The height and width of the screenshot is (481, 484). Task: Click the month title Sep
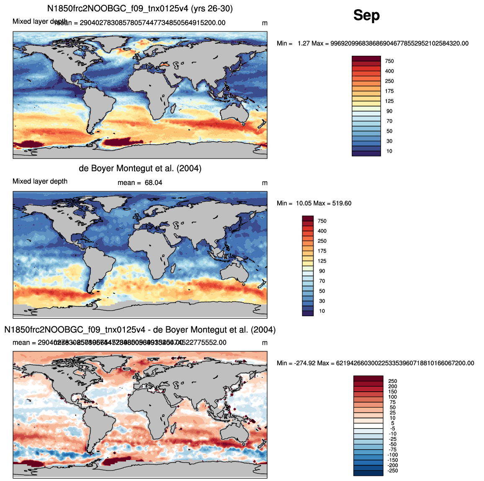tap(366, 16)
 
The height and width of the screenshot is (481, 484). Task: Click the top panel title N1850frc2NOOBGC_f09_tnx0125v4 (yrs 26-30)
tap(140, 8)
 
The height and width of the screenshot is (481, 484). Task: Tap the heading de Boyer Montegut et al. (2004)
tap(140, 169)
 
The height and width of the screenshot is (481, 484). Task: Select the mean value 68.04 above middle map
tap(153, 183)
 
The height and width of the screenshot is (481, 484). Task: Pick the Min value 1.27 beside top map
tap(303, 44)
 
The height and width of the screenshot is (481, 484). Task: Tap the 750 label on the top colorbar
tap(389, 61)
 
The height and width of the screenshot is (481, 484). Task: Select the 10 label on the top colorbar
tap(389, 151)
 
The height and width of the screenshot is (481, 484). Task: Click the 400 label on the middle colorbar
tap(322, 231)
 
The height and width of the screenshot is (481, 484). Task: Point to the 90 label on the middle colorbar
tap(322, 271)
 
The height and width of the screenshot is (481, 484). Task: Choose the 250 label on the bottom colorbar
tap(392, 381)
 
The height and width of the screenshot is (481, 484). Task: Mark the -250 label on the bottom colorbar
tap(392, 471)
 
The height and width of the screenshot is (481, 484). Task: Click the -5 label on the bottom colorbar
tap(393, 429)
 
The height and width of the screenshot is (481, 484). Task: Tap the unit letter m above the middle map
tap(265, 183)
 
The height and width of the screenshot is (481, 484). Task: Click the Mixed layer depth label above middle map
tap(40, 182)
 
